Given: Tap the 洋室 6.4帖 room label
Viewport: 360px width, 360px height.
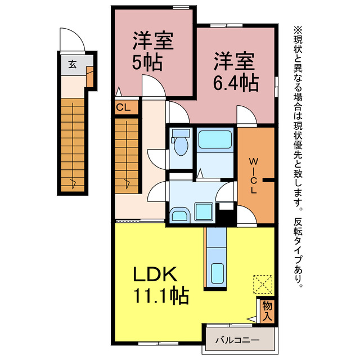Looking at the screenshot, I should [235, 72].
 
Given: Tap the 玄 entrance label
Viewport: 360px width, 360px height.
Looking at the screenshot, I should [72, 64].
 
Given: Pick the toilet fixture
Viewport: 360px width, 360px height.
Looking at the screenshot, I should [181, 145].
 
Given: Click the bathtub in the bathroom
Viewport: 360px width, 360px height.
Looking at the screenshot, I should [215, 139].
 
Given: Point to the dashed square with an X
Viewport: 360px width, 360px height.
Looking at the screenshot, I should [263, 284].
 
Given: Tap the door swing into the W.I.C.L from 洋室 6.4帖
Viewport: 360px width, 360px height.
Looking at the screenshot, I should [246, 116].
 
